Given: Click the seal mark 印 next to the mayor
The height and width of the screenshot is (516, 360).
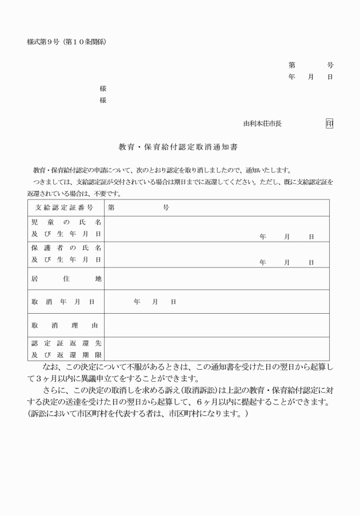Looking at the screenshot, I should click(329, 123).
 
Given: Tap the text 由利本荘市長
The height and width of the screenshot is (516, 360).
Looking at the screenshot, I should click(262, 123).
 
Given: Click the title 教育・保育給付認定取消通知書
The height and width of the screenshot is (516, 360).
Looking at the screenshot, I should click(178, 146).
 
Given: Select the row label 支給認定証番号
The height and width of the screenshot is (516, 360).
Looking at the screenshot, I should click(65, 207).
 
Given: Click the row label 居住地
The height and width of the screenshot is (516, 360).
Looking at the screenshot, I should click(65, 278).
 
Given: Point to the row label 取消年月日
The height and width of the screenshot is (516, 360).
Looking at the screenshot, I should click(65, 301).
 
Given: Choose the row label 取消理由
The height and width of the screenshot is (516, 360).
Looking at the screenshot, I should click(65, 325).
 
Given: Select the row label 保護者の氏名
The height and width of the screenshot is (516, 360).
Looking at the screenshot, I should click(65, 248).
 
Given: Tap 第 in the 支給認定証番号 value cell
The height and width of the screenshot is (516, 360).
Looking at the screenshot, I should click(111, 207).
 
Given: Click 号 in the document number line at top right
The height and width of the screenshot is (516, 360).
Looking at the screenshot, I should click(330, 66).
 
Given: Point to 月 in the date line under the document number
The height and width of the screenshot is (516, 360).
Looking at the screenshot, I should click(311, 77).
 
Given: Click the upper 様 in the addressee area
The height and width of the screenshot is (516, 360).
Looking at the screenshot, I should click(103, 89).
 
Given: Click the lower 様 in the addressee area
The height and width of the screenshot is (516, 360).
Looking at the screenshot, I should click(103, 101).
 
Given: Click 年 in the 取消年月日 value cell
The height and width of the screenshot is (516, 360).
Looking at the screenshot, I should click(137, 301).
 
